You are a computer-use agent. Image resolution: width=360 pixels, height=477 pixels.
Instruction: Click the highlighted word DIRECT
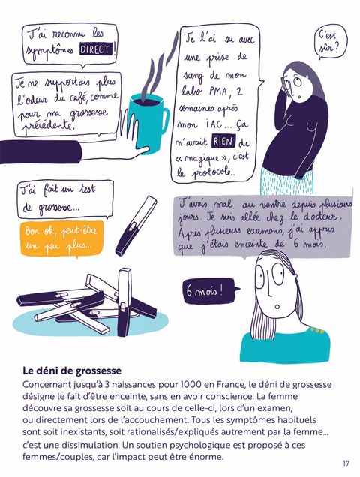tap(96, 49)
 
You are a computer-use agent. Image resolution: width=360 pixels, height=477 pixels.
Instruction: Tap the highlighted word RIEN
tap(223, 142)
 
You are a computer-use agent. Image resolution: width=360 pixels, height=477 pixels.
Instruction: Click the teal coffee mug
tap(148, 122)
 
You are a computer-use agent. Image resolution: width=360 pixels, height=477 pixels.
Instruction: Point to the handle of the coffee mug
tap(165, 121)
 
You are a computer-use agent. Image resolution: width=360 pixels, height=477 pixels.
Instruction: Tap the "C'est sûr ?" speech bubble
tap(330, 42)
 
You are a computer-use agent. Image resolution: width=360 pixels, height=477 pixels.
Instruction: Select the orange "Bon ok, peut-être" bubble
tap(62, 238)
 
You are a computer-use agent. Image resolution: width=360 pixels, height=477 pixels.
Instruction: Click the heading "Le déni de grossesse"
tap(72, 370)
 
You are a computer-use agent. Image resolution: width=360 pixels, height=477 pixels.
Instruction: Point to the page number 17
tap(346, 464)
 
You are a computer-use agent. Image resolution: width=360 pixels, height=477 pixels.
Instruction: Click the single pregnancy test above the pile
tap(136, 226)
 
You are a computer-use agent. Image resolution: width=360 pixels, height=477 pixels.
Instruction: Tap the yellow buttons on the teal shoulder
tap(316, 329)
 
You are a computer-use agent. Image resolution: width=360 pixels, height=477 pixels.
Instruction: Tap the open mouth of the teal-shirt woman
tap(277, 306)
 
